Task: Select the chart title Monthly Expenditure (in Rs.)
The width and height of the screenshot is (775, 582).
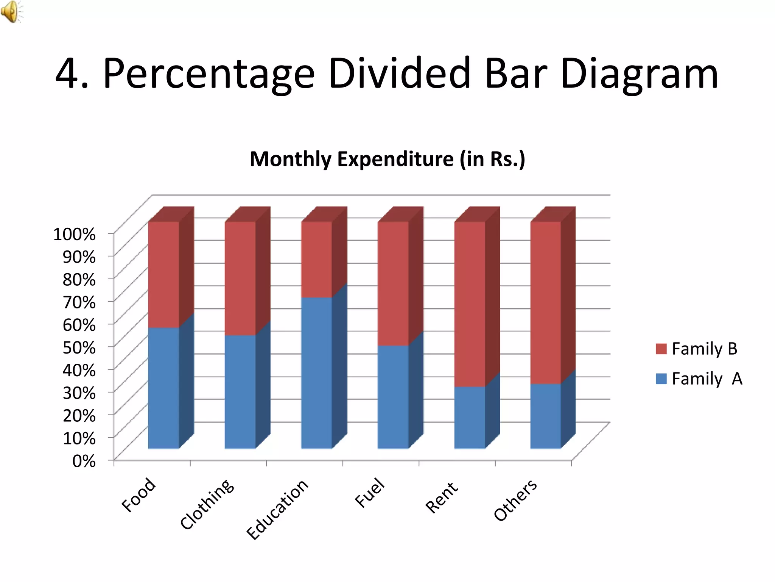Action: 387,159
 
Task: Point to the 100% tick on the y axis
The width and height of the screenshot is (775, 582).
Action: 75,234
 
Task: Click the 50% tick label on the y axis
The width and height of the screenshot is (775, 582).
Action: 79,347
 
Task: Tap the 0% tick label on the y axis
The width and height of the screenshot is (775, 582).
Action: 84,461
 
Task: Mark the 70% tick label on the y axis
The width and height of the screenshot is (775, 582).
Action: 79,302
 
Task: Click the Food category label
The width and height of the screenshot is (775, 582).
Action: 139,495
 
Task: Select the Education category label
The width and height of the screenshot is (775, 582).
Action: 277,509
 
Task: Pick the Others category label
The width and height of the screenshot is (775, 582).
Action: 515,500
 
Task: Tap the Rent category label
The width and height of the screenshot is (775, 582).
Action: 442,498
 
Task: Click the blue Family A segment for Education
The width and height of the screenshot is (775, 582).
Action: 316,373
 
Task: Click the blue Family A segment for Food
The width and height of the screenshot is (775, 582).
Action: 163,388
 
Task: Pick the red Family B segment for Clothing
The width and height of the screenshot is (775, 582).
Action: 240,278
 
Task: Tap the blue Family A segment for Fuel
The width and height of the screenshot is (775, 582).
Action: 393,397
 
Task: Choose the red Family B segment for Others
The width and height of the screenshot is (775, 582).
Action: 545,303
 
